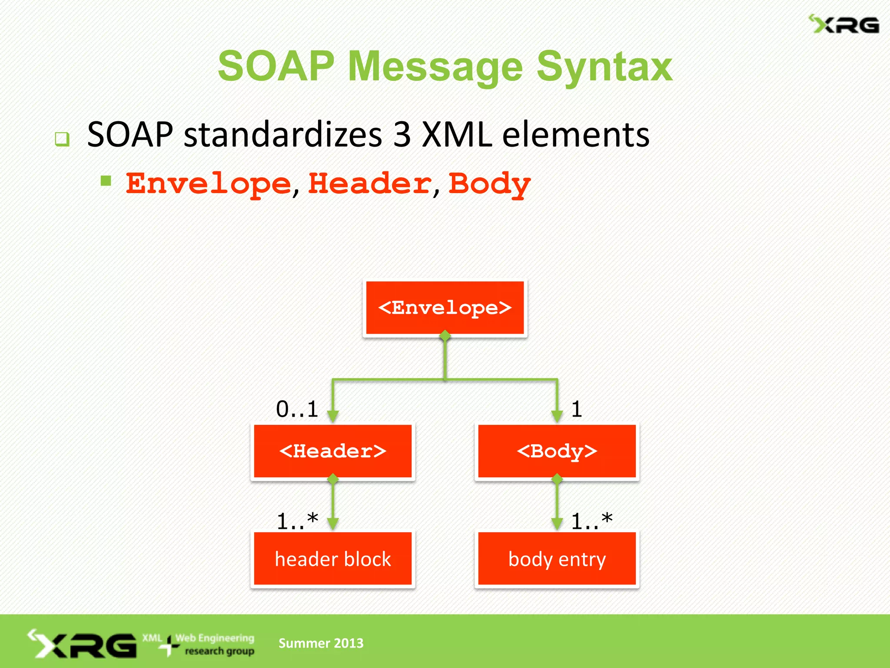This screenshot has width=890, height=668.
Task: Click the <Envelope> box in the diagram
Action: (x=445, y=308)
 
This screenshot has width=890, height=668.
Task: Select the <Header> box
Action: (x=332, y=451)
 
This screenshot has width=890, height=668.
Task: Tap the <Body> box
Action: (x=557, y=451)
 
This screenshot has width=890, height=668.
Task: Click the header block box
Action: (x=332, y=559)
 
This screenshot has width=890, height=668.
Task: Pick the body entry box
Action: (x=557, y=559)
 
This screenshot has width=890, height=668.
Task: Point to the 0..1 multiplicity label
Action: (x=297, y=409)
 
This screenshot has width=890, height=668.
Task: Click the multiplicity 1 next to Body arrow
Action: (x=577, y=409)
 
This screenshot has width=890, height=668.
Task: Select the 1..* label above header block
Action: (x=297, y=521)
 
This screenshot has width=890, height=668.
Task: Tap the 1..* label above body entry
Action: (x=591, y=521)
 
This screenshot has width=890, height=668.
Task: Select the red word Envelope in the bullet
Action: (x=208, y=184)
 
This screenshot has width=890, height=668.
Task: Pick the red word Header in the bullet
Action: (x=370, y=184)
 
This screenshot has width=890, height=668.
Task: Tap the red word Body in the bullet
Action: (x=489, y=184)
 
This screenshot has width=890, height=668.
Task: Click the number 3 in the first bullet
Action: (x=402, y=135)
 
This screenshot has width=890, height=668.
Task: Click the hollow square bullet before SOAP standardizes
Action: (x=62, y=139)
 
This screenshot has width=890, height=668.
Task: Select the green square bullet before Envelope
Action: (x=106, y=180)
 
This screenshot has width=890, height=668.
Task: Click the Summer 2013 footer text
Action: (x=321, y=643)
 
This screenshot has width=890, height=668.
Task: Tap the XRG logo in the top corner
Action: (x=844, y=25)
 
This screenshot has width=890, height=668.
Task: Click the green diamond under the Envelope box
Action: (x=445, y=336)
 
